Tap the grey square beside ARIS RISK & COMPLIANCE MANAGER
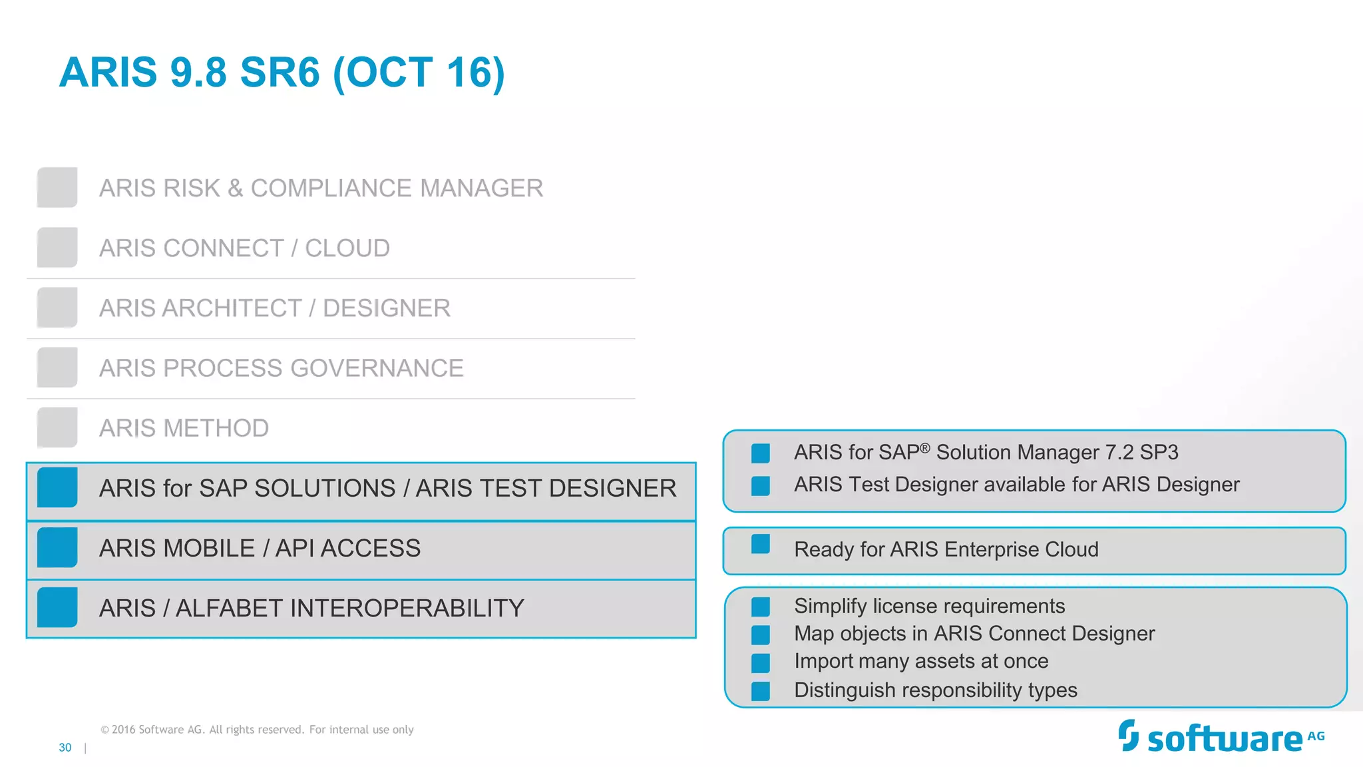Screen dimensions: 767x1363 coord(57,188)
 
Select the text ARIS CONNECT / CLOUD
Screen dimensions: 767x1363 coord(244,248)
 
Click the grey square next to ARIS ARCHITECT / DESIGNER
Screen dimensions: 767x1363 coord(57,308)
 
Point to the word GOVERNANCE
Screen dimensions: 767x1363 coord(377,368)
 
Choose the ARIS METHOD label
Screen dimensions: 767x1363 coord(184,428)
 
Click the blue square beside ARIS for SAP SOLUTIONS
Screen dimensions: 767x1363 coord(57,487)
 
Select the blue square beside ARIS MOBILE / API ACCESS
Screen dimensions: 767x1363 coord(57,547)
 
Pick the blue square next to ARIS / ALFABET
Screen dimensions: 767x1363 coord(57,607)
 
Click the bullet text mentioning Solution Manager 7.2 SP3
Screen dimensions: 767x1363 coord(986,453)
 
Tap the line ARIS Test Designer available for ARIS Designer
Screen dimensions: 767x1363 coord(1016,485)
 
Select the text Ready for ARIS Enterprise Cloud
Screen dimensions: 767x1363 coord(946,550)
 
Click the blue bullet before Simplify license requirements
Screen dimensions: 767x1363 coord(760,607)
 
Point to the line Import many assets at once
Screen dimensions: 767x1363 coord(921,661)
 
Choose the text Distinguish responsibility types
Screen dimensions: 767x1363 coord(935,690)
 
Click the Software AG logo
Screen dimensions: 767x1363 coord(1221,737)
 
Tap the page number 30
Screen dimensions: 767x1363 coord(65,748)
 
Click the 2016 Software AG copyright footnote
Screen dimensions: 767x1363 coord(257,730)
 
